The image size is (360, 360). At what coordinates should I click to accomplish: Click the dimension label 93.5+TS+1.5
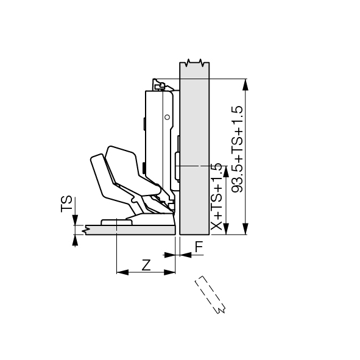[x=237, y=149]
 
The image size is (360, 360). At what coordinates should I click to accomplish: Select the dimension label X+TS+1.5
[x=216, y=197]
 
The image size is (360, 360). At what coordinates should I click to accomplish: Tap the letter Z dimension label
[x=146, y=265]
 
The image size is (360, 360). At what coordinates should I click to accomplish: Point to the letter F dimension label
[x=199, y=247]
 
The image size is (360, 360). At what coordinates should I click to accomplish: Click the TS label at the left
[x=66, y=204]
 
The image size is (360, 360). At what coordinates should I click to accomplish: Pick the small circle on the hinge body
[x=168, y=117]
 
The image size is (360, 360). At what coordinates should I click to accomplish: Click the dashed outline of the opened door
[x=210, y=295]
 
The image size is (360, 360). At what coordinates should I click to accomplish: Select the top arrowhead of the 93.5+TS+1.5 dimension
[x=246, y=85]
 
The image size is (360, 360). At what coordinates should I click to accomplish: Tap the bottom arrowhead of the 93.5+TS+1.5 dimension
[x=246, y=228]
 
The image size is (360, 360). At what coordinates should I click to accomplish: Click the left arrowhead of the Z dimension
[x=122, y=272]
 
